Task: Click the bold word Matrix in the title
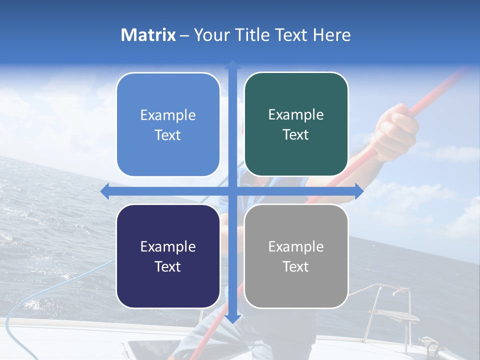coord(148,35)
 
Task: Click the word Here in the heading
coord(331,35)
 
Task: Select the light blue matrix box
coord(168,124)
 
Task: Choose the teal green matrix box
coord(296,124)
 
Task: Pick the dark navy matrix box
coord(168,256)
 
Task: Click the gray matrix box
coord(296,256)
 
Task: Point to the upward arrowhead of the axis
coord(232,65)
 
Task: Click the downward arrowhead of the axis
coord(232,318)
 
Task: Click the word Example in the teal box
coord(296,114)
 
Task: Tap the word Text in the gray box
coord(296,266)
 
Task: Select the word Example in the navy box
coord(168,246)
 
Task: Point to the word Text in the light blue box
coord(168,135)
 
